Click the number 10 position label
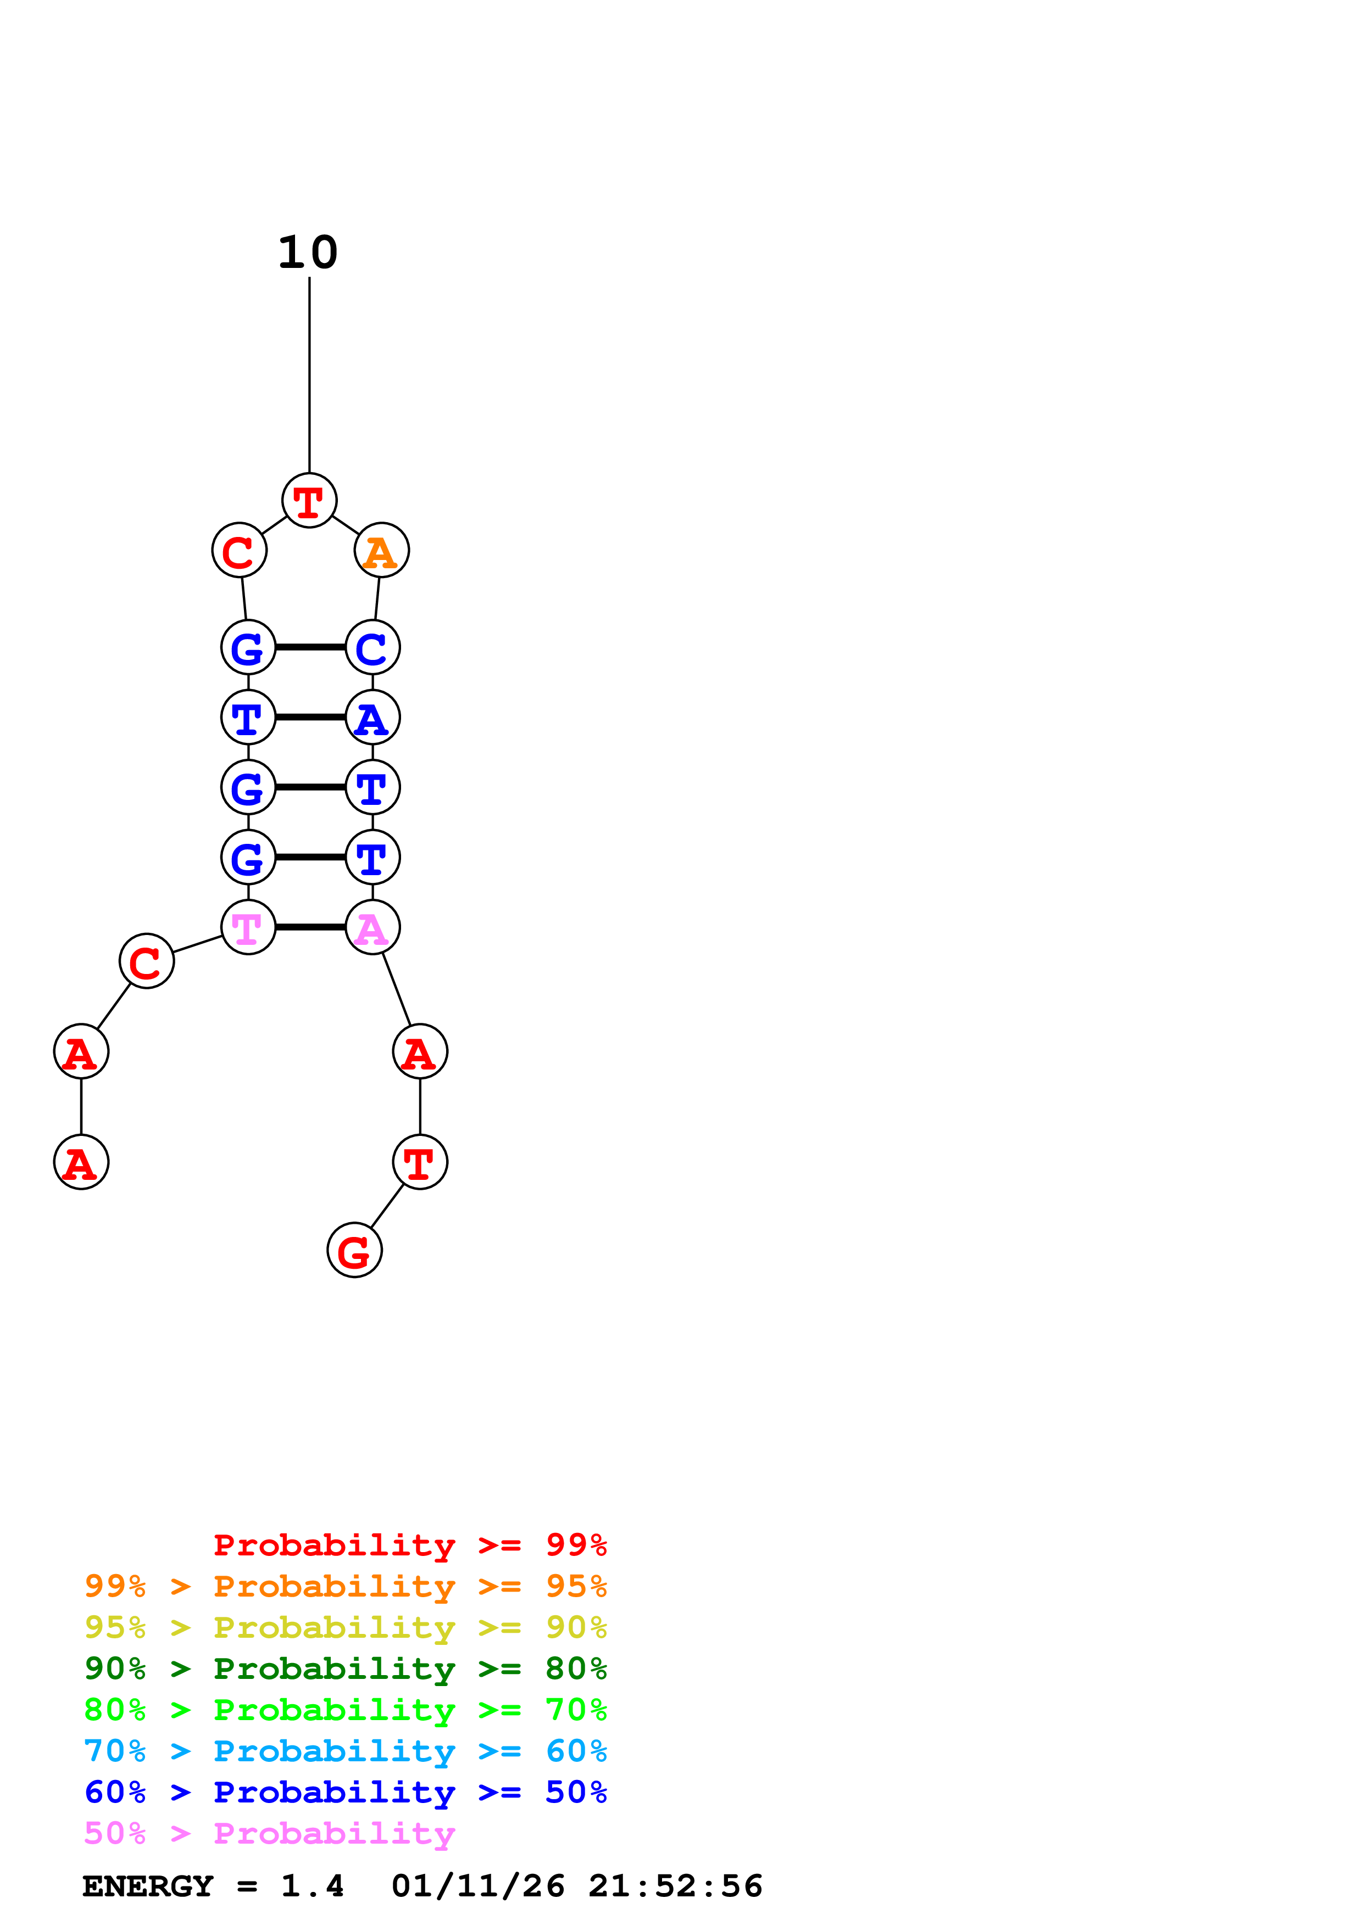[308, 253]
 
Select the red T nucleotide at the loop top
[309, 501]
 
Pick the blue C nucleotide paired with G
[373, 648]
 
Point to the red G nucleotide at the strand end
[354, 1250]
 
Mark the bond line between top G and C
[310, 648]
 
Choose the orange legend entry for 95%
[345, 1586]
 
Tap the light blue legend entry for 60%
[345, 1751]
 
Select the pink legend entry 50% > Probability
[269, 1833]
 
